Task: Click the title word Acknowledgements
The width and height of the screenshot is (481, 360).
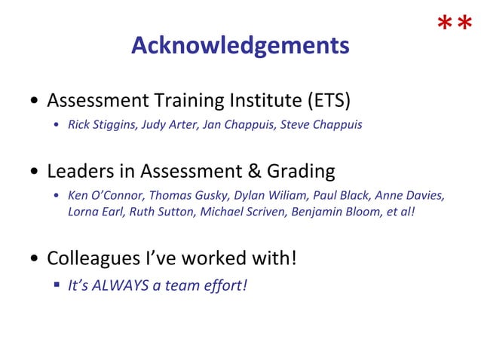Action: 240,46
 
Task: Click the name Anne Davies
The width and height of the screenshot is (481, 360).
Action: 409,196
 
